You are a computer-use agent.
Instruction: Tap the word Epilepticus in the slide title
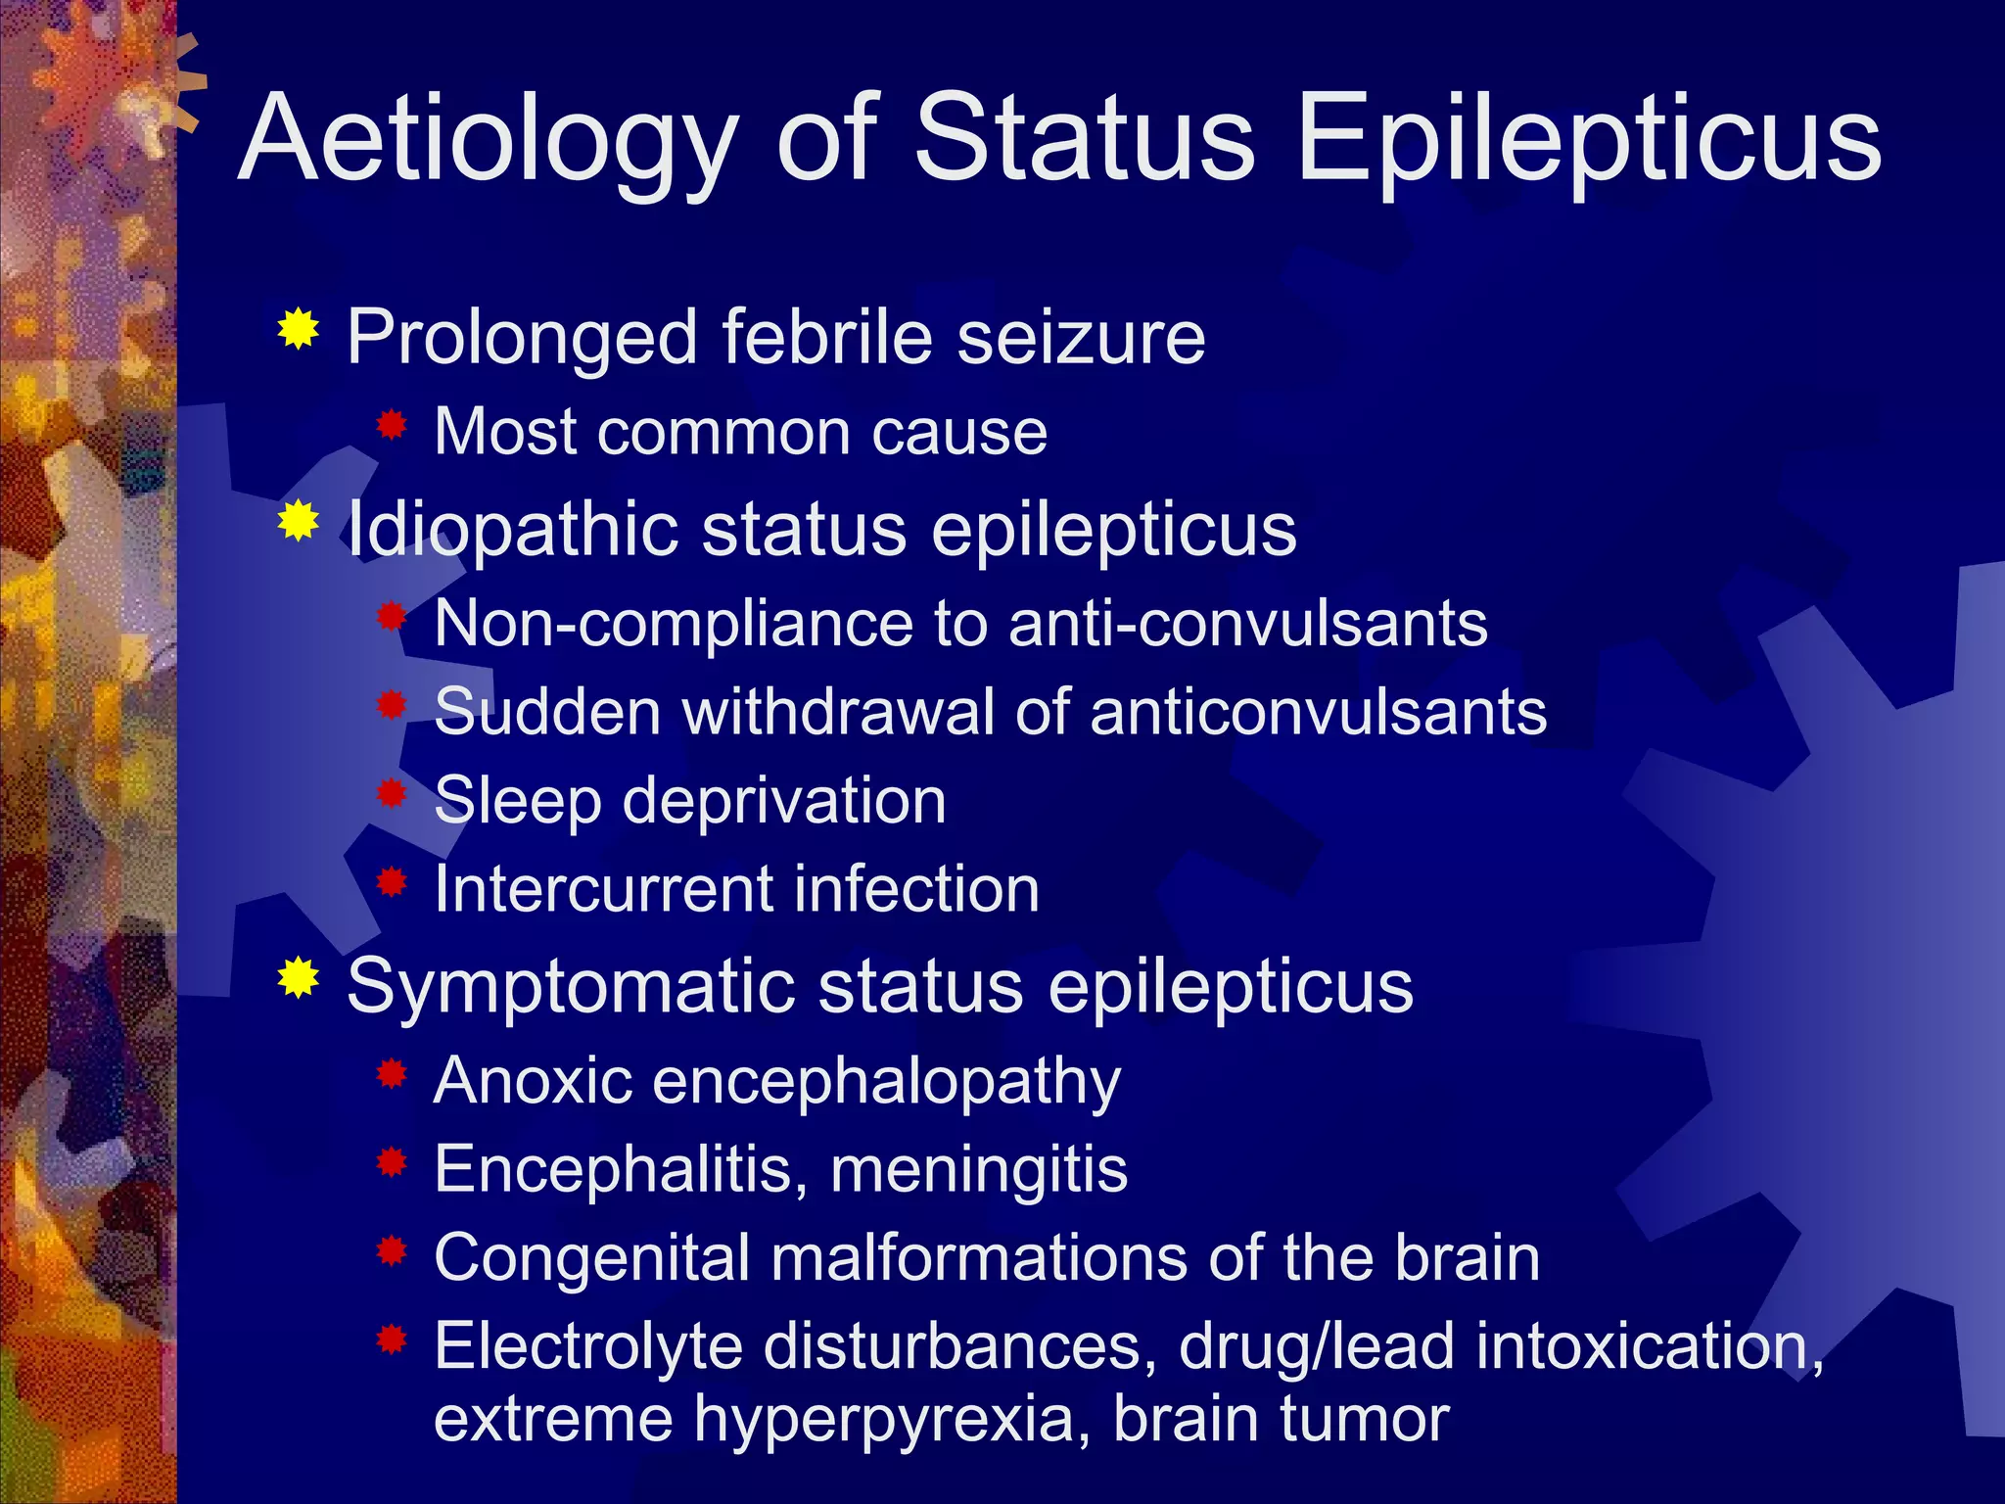coord(1588,140)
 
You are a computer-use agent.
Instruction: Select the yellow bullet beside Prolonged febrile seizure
coord(298,330)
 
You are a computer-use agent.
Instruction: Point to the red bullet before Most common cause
coord(392,425)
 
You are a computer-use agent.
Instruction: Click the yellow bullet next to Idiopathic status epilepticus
coord(298,521)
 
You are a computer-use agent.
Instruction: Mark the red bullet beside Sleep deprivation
coord(392,794)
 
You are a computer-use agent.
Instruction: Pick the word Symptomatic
coord(570,986)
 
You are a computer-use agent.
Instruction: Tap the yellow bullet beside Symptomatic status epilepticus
coord(298,977)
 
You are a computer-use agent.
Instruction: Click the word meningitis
coord(979,1169)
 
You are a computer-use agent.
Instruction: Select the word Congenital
coord(591,1259)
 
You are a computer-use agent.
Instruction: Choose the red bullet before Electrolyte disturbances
coord(392,1339)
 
